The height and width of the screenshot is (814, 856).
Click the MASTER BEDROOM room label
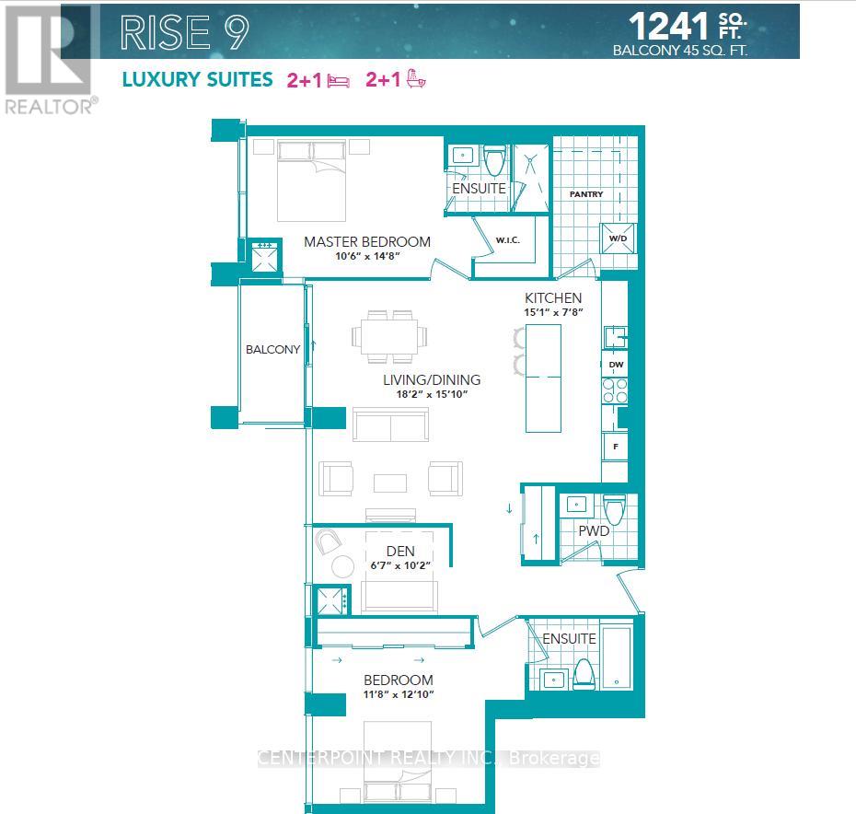[367, 241]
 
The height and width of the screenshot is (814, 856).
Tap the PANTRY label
[585, 194]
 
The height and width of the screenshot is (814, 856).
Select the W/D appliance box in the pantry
[618, 238]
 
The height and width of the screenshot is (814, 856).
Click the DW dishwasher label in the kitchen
[616, 365]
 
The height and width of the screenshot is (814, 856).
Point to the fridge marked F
[615, 447]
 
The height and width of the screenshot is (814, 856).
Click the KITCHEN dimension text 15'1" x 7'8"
[553, 312]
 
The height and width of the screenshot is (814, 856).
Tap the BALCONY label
[272, 349]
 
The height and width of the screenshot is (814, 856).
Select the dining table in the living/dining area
[389, 336]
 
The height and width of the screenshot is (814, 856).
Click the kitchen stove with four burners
[615, 390]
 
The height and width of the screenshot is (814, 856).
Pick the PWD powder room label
[594, 530]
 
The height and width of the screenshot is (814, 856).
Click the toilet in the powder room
[614, 510]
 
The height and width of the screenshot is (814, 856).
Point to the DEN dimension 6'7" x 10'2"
[400, 565]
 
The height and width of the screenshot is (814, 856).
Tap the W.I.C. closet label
[507, 240]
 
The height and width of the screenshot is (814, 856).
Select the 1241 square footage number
[668, 26]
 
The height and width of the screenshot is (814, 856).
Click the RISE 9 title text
[184, 32]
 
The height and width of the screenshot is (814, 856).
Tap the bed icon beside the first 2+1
[339, 81]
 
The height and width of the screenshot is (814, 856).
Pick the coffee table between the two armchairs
[389, 483]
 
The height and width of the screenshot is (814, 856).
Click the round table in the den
[342, 565]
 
